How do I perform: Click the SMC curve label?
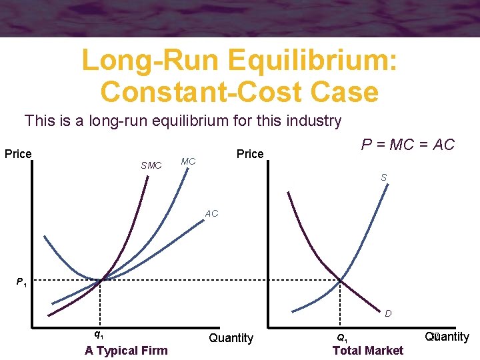tap(151, 165)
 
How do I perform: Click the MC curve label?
tap(188, 161)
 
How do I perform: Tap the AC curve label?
tap(211, 214)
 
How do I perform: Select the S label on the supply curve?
tap(384, 177)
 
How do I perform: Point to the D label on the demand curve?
tap(387, 313)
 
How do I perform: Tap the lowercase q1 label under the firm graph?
tap(98, 334)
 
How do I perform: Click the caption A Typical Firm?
tap(126, 351)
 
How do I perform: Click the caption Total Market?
tap(367, 351)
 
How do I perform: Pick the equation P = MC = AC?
tap(407, 145)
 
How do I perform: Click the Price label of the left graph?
tap(18, 154)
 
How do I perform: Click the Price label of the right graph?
tap(250, 154)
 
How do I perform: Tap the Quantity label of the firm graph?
tap(231, 338)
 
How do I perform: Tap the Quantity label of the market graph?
tap(447, 337)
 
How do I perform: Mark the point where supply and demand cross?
tap(341, 280)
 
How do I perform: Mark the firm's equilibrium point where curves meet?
tap(101, 280)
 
